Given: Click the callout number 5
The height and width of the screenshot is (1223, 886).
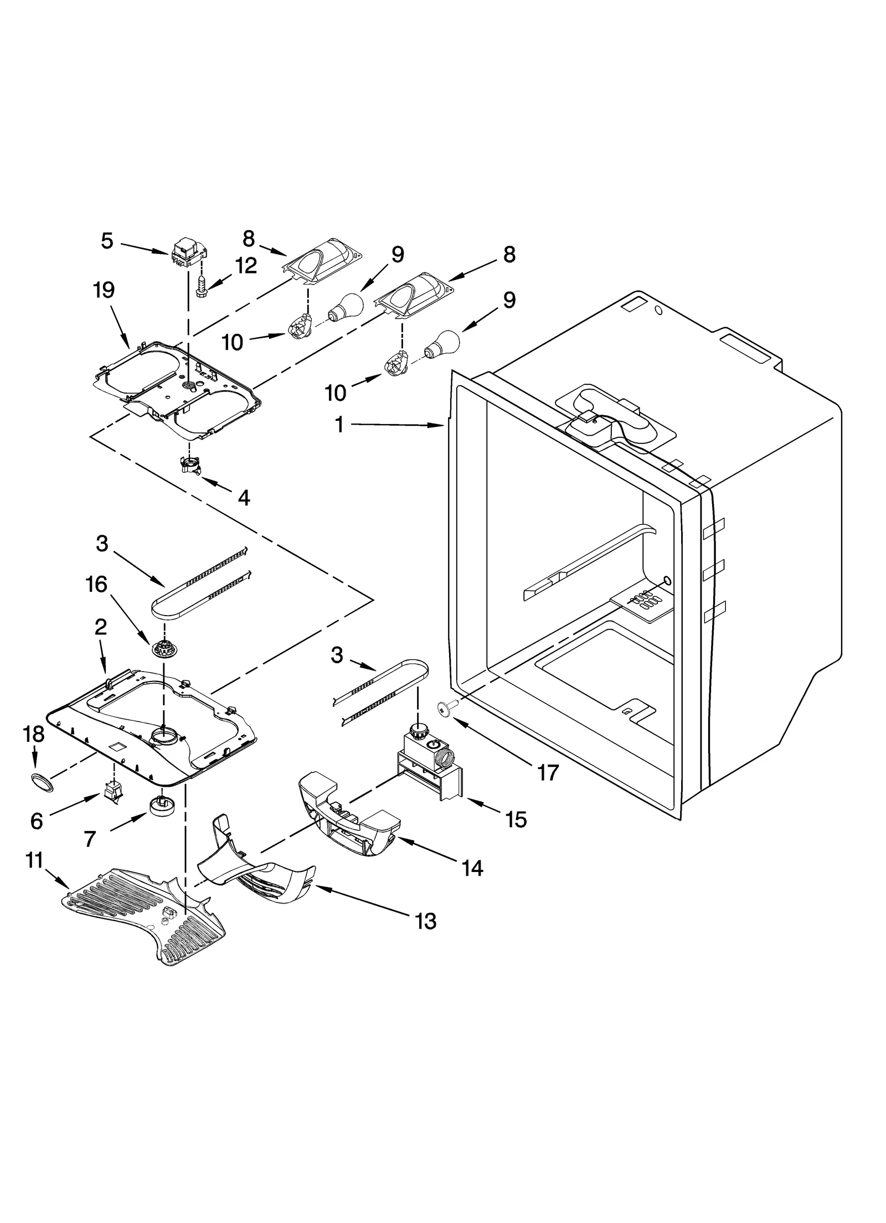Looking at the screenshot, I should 107,241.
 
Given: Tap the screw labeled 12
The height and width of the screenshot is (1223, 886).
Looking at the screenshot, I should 201,286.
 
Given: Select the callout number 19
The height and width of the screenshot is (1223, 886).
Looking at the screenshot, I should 104,290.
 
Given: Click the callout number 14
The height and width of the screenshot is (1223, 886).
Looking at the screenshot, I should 472,868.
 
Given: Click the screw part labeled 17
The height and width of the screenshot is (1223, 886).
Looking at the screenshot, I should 445,708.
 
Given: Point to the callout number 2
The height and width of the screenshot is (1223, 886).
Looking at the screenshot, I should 100,627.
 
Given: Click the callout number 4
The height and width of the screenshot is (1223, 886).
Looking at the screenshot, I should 244,498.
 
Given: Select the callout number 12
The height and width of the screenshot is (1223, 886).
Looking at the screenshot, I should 246,266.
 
